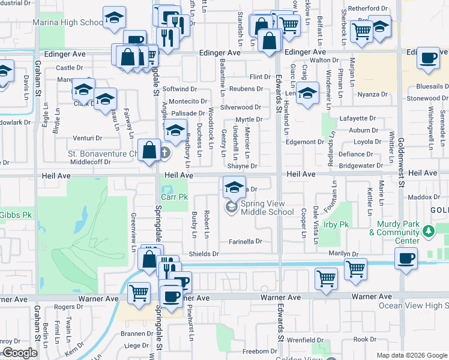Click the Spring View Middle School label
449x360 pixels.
coord(267,208)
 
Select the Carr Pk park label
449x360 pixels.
coord(175,197)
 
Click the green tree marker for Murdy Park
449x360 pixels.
coord(428,230)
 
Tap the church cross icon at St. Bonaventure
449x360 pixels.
coord(166,154)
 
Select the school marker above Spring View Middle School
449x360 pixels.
coord(234,186)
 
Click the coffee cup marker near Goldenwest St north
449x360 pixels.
coord(428,58)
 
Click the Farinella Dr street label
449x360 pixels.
coord(246,241)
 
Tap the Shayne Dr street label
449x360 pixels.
coord(242,166)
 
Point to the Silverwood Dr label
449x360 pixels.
coord(241,107)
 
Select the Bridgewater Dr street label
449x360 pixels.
coord(360,165)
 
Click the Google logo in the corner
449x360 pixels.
coord(20,353)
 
